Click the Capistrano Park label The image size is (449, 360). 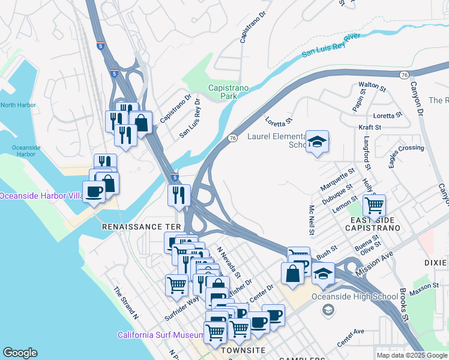[x=228, y=92]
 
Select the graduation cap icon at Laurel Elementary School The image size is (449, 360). [x=317, y=142]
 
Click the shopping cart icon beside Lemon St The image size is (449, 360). [x=374, y=206]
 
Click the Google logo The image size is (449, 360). [x=20, y=353]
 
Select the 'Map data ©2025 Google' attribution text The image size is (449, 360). [x=411, y=355]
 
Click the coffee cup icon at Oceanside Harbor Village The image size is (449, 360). [x=94, y=192]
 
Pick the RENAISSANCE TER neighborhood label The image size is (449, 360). [x=141, y=227]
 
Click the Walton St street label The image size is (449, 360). [x=372, y=86]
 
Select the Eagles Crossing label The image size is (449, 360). [x=406, y=148]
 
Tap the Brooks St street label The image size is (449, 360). [x=404, y=305]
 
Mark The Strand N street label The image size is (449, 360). [x=126, y=302]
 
